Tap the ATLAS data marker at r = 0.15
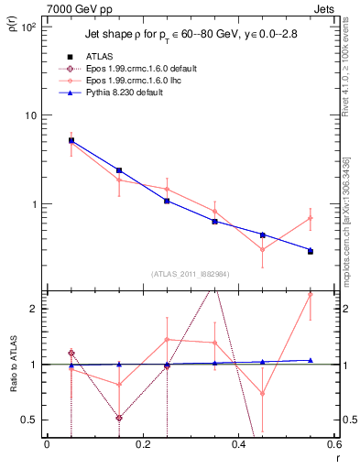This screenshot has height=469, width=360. click(119, 170)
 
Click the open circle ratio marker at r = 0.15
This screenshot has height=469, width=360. click(119, 418)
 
